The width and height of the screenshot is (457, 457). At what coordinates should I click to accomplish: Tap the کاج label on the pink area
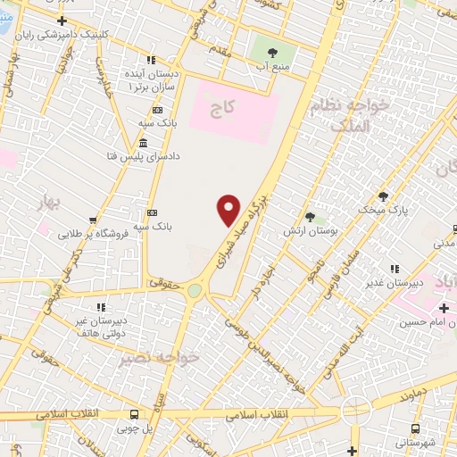(221, 108)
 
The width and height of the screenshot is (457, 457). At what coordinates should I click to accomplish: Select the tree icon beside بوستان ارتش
(310, 216)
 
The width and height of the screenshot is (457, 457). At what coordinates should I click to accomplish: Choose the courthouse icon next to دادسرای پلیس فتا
(144, 145)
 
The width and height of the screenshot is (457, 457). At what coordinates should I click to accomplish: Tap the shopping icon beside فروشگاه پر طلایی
(93, 220)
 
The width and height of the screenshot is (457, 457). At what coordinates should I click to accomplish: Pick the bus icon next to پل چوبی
(134, 415)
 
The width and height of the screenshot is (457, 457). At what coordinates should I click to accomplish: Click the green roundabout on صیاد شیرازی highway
(194, 290)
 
